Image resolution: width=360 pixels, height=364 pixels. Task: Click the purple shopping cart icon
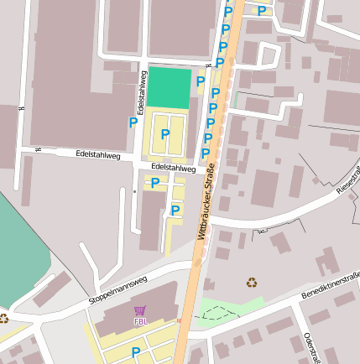click(x=139, y=310)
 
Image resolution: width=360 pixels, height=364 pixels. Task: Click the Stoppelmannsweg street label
click(x=117, y=290)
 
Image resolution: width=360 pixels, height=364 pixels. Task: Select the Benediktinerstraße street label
click(x=331, y=285)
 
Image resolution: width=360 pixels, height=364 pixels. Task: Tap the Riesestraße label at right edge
click(x=348, y=179)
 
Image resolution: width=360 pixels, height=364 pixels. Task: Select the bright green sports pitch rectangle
click(x=170, y=87)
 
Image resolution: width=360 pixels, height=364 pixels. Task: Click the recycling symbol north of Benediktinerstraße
click(x=251, y=282)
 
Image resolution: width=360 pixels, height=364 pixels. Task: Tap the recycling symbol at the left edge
click(x=3, y=318)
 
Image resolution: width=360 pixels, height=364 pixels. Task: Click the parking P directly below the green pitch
click(x=165, y=133)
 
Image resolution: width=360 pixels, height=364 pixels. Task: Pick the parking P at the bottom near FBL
click(x=135, y=351)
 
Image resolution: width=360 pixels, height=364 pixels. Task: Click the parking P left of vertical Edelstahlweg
click(x=133, y=122)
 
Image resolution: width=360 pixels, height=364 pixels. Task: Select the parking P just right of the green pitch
click(x=200, y=81)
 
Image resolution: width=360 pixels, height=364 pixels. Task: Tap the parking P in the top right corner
click(x=262, y=11)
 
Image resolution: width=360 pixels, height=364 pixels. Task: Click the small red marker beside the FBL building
click(x=179, y=319)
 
